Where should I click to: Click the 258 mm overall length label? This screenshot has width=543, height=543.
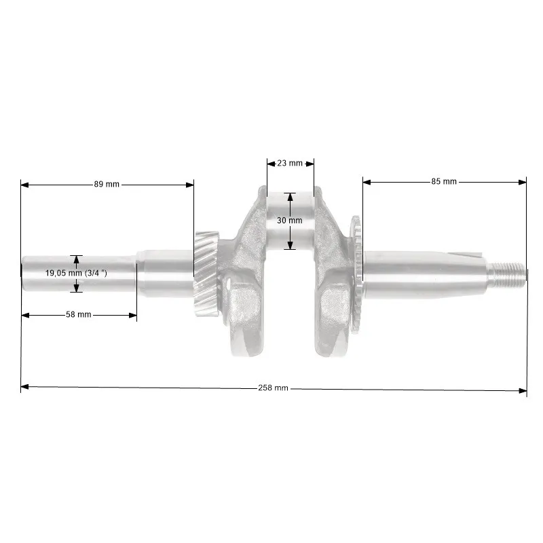coord(273,388)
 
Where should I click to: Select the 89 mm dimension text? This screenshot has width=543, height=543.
coord(107,184)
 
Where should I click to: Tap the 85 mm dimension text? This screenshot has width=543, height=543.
coord(444,181)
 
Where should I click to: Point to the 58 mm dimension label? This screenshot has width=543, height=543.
coord(79,314)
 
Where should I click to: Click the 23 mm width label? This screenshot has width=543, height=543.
coord(290,163)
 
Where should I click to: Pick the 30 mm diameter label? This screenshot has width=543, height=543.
coord(290,220)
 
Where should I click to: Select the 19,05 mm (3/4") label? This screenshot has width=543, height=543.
coord(76,273)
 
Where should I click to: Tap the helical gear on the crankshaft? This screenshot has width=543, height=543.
coord(206,274)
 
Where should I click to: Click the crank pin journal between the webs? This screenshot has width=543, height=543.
coord(291,221)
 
